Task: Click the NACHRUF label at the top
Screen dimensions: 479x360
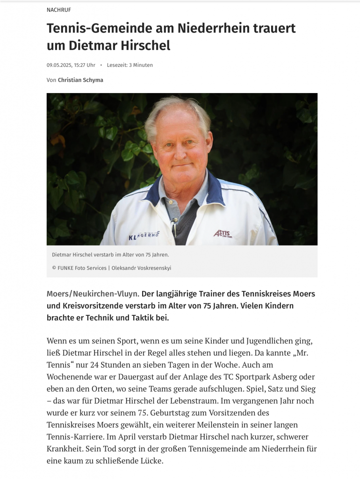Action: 59,10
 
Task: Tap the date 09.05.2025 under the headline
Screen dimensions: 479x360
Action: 59,65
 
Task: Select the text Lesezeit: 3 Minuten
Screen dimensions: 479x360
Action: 130,65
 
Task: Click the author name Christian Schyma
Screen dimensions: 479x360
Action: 80,80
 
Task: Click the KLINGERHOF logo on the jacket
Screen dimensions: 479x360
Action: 146,236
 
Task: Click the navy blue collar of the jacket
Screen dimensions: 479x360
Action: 154,192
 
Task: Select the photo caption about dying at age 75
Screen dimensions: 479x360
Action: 110,255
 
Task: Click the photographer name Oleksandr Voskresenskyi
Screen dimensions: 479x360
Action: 144,268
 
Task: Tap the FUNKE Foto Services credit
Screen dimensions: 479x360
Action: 79,268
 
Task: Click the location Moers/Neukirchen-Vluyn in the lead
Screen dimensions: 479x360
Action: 93,294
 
